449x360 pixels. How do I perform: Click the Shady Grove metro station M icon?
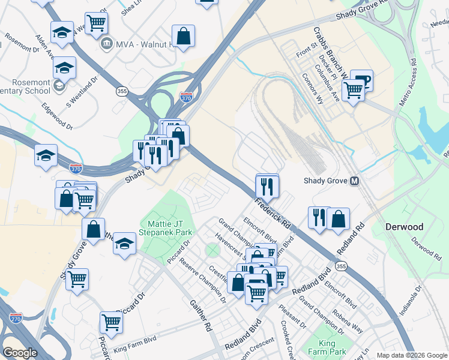coord(355,181)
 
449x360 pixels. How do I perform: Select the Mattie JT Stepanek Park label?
coord(166,227)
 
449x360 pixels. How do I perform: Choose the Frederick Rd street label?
coord(273,213)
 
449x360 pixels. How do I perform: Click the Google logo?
coord(20,353)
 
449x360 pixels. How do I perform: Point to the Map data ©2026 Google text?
coord(411,355)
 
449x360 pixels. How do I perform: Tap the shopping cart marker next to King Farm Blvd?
coord(112,322)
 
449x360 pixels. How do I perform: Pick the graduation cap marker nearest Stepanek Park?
coord(124,243)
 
